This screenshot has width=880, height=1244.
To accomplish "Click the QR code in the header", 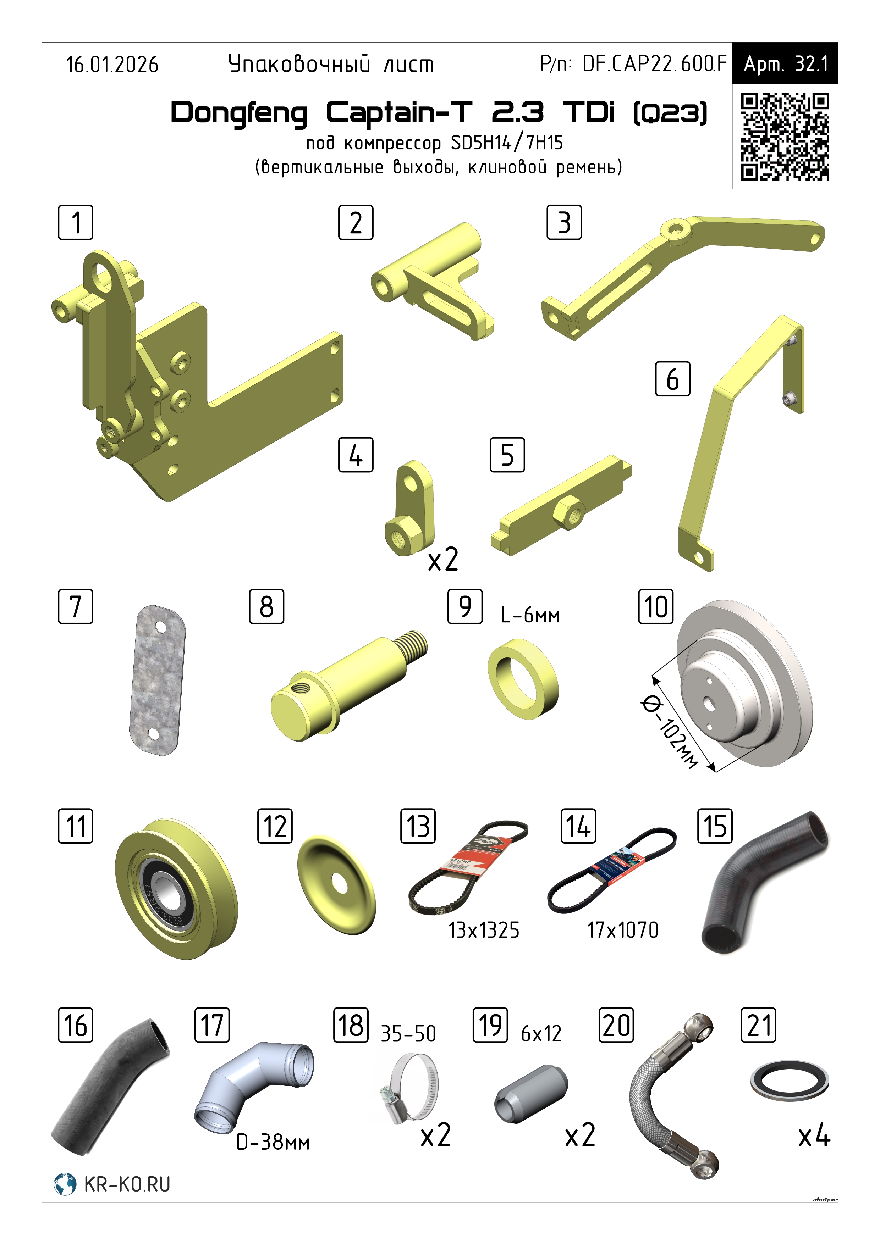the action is click(x=785, y=137).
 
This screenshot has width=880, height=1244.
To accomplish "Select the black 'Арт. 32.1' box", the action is click(x=785, y=63).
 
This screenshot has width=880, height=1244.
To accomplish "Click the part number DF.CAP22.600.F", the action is click(x=654, y=64).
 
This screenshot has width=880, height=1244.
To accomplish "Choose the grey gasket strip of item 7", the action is click(x=157, y=680).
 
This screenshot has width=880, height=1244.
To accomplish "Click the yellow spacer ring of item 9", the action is click(x=523, y=679).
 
